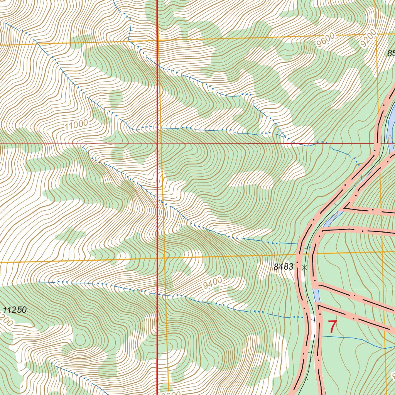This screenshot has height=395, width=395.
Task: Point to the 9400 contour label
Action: point(213,284)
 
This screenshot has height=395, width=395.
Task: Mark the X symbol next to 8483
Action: point(305,267)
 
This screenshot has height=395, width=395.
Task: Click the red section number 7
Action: point(332,327)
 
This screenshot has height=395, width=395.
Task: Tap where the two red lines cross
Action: point(157,143)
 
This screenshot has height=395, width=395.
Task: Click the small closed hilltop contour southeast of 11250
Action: point(80,340)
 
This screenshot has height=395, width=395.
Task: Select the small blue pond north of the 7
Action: point(316,295)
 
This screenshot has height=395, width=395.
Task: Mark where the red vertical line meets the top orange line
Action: point(157,40)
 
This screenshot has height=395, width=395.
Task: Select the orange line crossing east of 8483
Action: point(383,252)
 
